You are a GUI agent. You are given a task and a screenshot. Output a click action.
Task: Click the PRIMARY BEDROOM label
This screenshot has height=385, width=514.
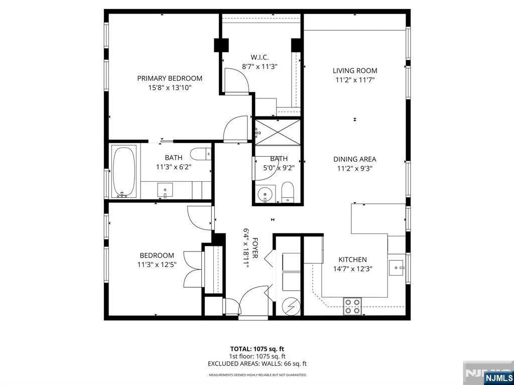170,78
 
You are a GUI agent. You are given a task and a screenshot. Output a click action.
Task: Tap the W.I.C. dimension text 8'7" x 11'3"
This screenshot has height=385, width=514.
260,66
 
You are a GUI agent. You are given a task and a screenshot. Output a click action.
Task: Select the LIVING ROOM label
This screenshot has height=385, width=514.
355,71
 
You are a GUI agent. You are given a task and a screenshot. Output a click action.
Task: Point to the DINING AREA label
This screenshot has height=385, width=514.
355,159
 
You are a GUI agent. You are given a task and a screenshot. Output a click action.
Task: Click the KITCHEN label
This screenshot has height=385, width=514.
352,260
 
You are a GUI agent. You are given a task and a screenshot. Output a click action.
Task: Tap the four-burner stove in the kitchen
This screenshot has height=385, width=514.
352,306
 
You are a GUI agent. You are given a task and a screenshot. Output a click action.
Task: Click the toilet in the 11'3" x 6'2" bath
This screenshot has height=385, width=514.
201,154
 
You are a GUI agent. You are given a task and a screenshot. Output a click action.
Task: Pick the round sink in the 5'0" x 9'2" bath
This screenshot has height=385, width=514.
266,193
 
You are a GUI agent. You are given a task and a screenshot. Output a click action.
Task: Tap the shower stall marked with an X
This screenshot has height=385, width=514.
278,133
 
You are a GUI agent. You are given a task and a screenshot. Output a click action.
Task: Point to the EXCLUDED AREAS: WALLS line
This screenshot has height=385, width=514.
257,363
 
